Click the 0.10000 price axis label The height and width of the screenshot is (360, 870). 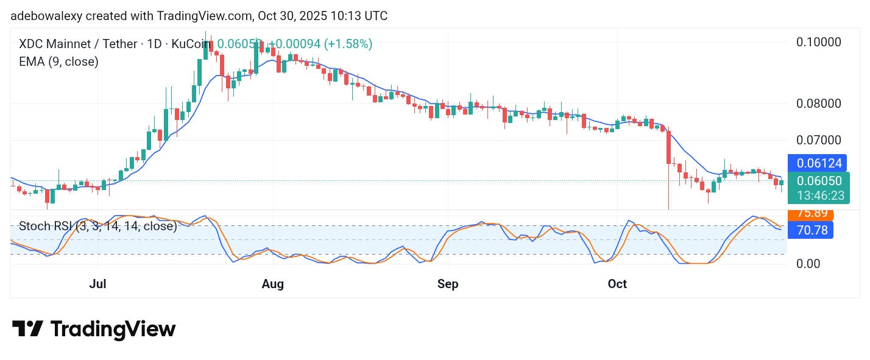pos(819,42)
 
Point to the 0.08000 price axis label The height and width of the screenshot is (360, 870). pos(819,103)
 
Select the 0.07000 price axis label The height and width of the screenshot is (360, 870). pos(819,140)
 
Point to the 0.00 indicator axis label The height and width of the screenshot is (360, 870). pos(809,264)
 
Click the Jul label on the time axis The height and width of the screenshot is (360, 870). pos(97,284)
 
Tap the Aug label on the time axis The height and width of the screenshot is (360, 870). pos(273,284)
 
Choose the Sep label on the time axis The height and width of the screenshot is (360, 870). pos(448,284)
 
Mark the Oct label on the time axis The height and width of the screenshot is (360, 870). pos(617,284)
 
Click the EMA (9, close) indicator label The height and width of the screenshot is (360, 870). pos(58,61)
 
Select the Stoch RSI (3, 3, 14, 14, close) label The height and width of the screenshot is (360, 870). pos(98,226)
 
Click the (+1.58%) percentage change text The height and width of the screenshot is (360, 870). pos(348,44)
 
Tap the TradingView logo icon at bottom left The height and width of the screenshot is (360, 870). pos(27,329)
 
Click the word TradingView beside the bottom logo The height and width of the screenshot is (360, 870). pos(113,329)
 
